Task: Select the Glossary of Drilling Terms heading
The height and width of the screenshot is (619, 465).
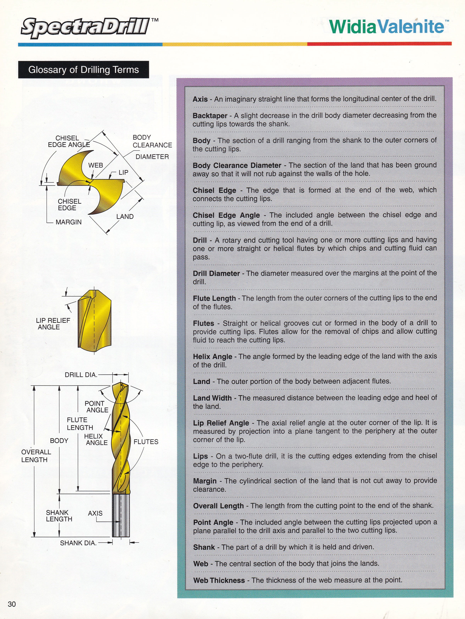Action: click(x=83, y=70)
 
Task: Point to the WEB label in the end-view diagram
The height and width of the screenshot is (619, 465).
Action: click(x=96, y=165)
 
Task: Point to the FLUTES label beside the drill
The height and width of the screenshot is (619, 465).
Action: click(x=146, y=442)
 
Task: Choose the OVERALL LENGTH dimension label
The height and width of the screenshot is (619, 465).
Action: click(x=36, y=456)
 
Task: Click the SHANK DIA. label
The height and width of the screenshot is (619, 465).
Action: click(x=78, y=543)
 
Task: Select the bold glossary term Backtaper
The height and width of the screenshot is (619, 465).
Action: click(x=210, y=116)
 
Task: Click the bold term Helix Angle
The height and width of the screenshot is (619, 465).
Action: click(x=213, y=357)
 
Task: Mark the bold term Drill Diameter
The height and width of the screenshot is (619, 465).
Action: click(x=216, y=273)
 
